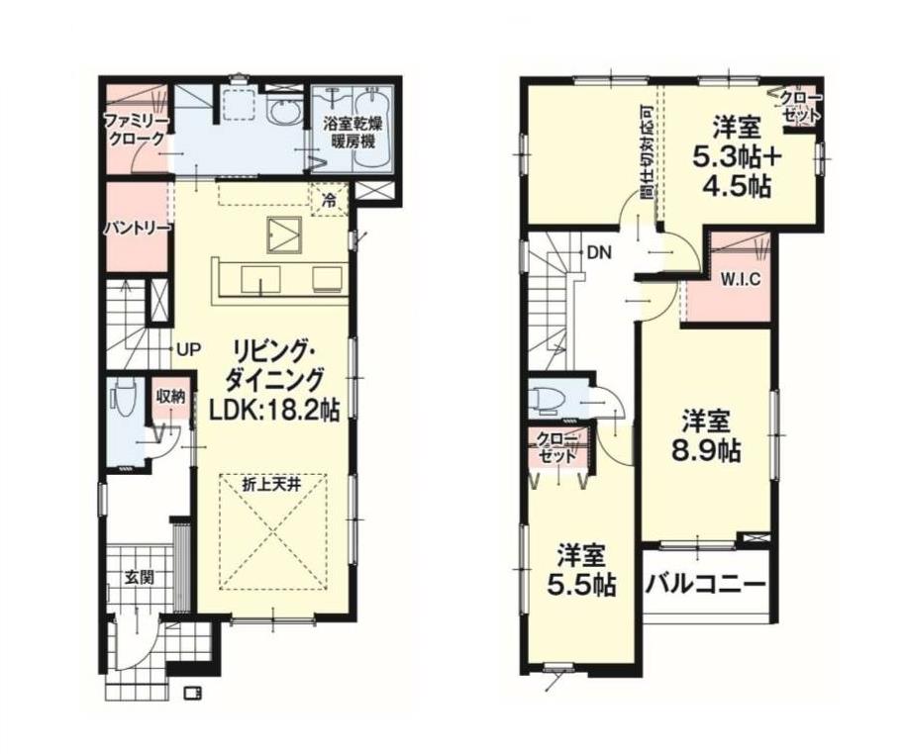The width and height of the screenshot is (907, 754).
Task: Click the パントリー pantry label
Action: click(139, 229)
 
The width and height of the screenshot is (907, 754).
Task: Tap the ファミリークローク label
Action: click(137, 130)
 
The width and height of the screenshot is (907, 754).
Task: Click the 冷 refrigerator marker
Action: click(329, 201)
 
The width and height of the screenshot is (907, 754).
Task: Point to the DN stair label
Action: click(599, 252)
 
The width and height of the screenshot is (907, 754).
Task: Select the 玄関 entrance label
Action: click(140, 577)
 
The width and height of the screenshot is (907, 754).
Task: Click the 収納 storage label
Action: click(171, 397)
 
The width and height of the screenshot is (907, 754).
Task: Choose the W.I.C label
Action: click(741, 280)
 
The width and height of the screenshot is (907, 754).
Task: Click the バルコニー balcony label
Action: click(706, 584)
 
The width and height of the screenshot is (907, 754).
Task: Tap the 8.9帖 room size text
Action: click(706, 451)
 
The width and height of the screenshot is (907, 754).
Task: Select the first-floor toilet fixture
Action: click(124, 397)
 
